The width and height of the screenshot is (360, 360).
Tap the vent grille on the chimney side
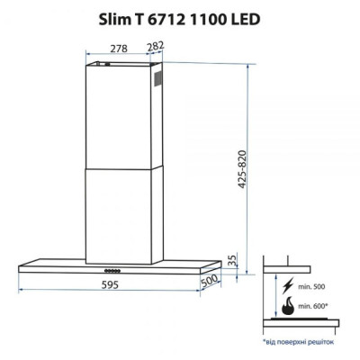point(158,80)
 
